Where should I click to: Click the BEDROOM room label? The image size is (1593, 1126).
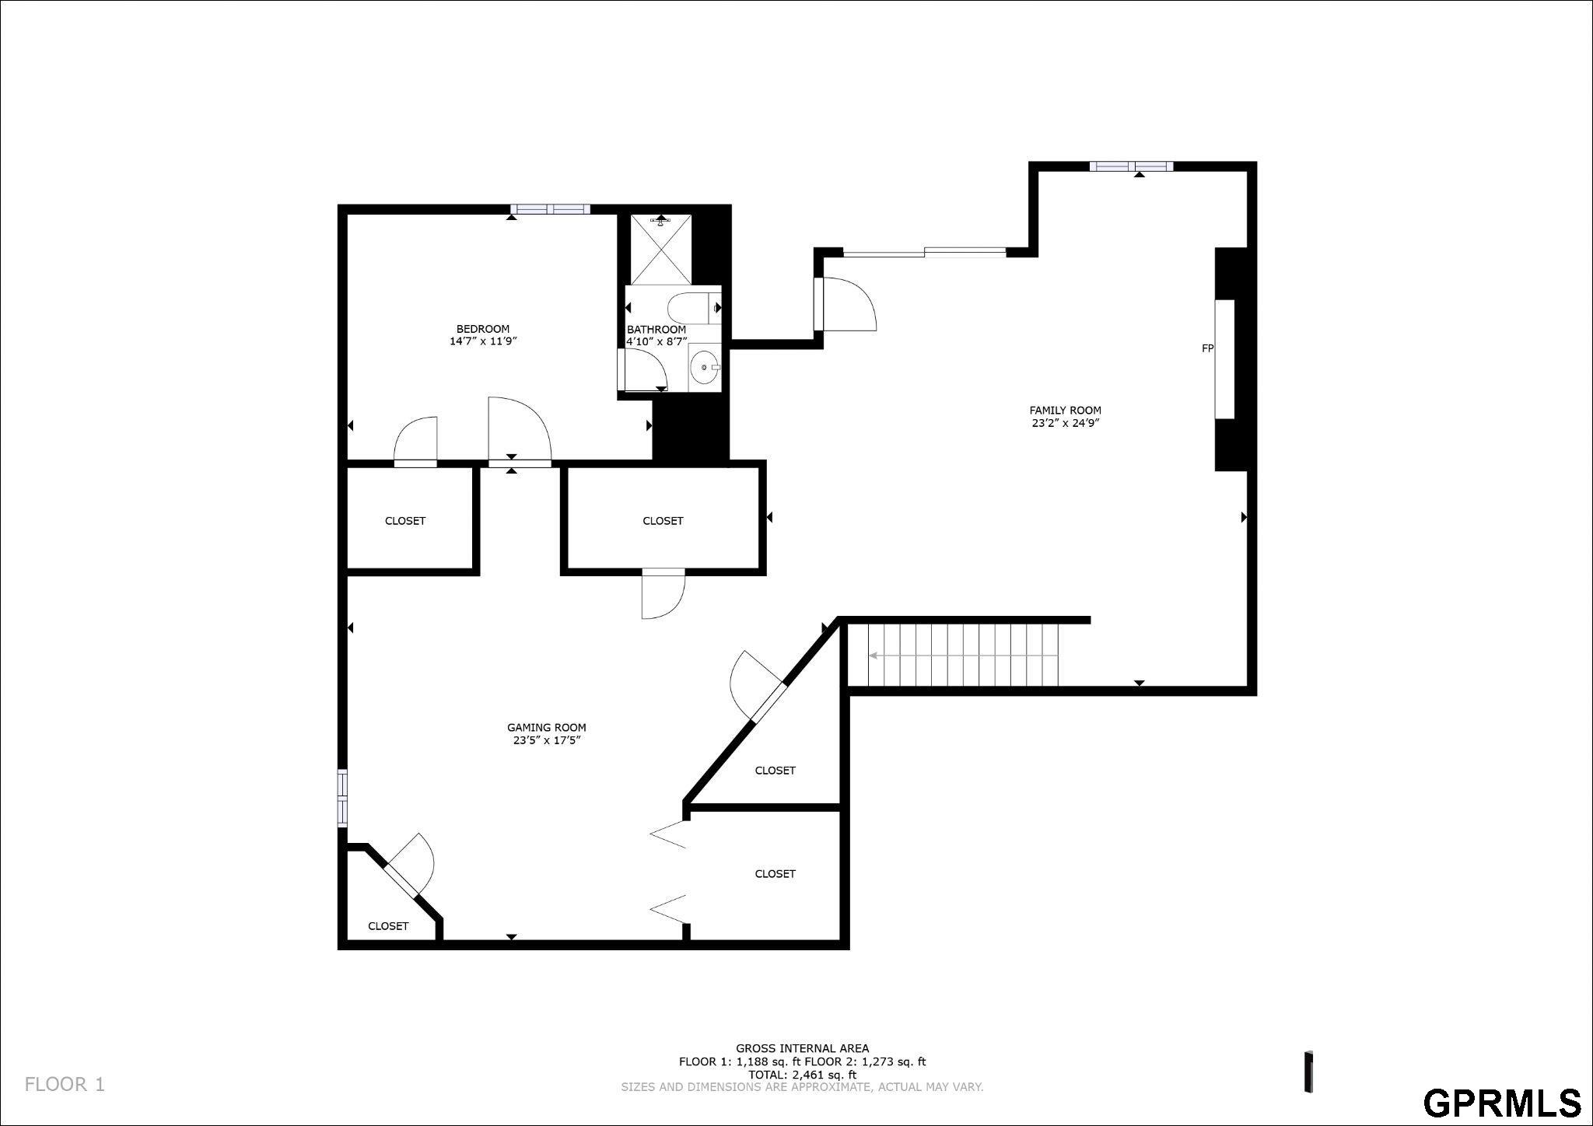pyautogui.click(x=483, y=329)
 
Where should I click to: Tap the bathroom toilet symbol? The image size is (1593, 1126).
pyautogui.click(x=694, y=308)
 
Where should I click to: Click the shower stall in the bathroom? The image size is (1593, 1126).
pyautogui.click(x=660, y=249)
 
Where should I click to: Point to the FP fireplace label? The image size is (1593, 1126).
pyautogui.click(x=1207, y=348)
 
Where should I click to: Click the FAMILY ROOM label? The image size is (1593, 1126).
pyautogui.click(x=1065, y=411)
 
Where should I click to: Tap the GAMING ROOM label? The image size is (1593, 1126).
pyautogui.click(x=547, y=728)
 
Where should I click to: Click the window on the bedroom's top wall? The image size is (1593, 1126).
pyautogui.click(x=550, y=208)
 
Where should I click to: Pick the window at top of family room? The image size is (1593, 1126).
pyautogui.click(x=1131, y=166)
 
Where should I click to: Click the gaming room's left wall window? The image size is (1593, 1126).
pyautogui.click(x=342, y=797)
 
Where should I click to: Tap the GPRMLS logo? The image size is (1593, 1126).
pyautogui.click(x=1503, y=1103)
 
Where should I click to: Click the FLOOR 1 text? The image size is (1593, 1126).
pyautogui.click(x=65, y=1084)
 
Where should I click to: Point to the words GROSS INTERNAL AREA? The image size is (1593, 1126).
pyautogui.click(x=803, y=1048)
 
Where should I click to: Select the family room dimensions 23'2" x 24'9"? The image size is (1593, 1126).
pyautogui.click(x=1065, y=424)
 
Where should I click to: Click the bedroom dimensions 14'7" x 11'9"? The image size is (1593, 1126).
pyautogui.click(x=483, y=341)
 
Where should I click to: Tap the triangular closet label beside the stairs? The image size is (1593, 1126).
pyautogui.click(x=775, y=771)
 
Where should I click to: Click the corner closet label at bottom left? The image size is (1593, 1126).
pyautogui.click(x=388, y=926)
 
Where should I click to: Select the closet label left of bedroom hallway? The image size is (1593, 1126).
pyautogui.click(x=405, y=521)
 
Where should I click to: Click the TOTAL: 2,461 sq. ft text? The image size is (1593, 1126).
pyautogui.click(x=802, y=1075)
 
